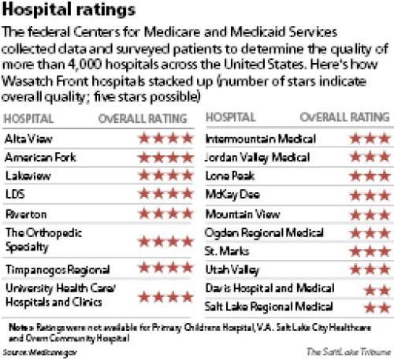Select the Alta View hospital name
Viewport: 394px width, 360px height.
coord(25,139)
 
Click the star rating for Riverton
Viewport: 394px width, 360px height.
coord(165,213)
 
